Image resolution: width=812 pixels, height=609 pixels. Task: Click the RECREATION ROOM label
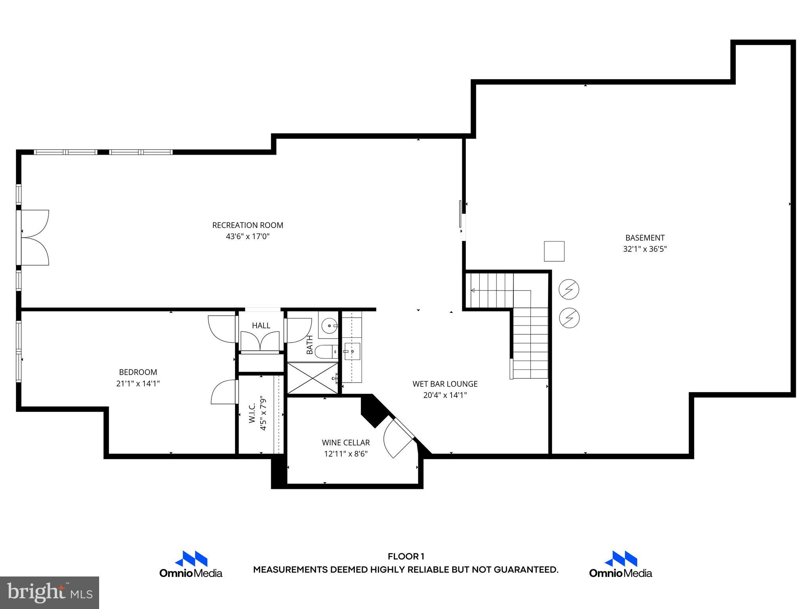click(248, 225)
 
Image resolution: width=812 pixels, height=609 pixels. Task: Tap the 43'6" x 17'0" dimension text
click(248, 237)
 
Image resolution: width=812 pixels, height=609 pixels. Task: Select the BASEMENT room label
click(645, 238)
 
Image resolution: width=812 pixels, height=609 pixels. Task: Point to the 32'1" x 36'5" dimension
click(645, 249)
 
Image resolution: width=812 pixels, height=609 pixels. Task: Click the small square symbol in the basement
click(554, 251)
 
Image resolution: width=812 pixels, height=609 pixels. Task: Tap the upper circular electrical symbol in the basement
click(569, 289)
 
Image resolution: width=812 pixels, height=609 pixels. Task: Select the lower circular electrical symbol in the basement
click(569, 318)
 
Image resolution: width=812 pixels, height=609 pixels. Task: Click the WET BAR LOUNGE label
click(445, 384)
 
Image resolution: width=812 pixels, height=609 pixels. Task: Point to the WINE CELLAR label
click(346, 442)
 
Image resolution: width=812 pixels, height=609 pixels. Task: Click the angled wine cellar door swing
click(396, 438)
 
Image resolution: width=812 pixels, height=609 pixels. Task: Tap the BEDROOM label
click(138, 372)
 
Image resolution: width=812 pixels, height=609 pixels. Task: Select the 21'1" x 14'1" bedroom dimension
click(138, 384)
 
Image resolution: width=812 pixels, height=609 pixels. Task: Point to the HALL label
click(261, 326)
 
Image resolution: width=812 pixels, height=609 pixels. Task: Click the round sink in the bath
click(328, 326)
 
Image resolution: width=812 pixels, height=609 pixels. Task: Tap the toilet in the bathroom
click(325, 351)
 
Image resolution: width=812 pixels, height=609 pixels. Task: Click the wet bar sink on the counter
click(352, 351)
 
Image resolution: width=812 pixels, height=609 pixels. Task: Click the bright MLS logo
click(50, 593)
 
